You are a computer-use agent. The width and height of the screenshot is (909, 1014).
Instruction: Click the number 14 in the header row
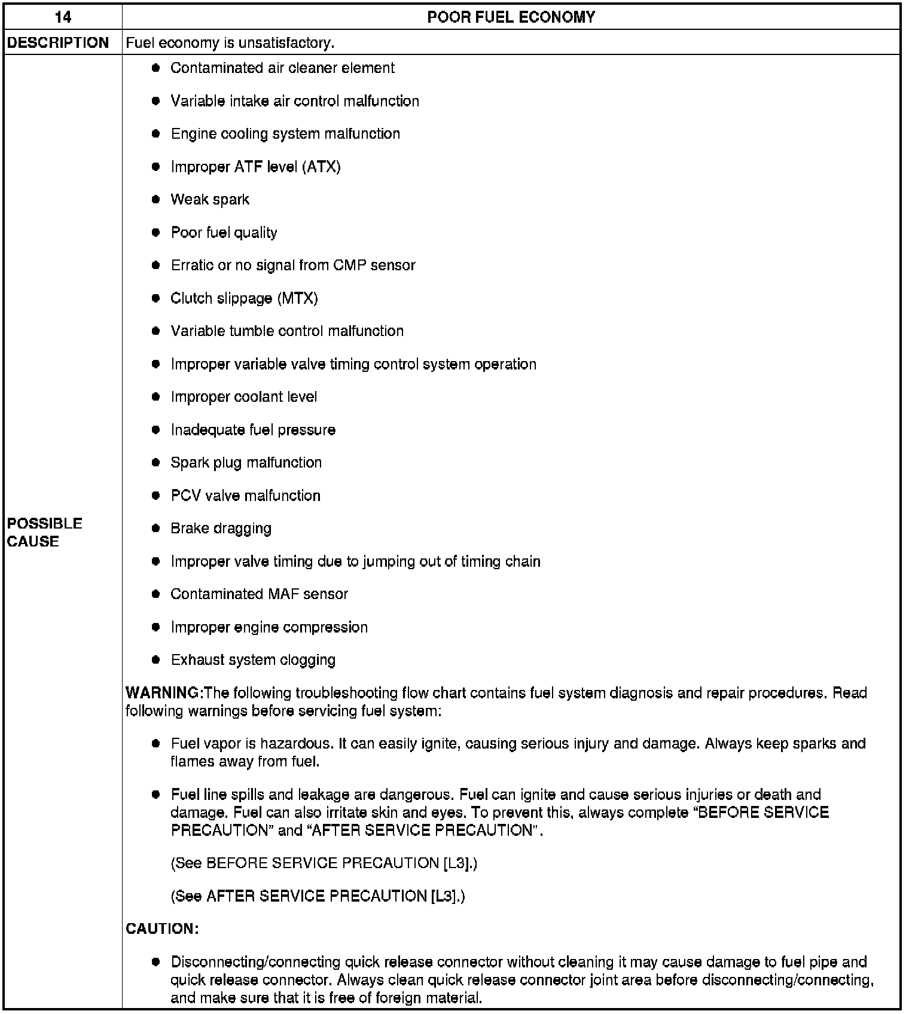(63, 17)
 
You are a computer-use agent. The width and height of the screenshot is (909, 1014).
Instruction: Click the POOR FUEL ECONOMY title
(511, 17)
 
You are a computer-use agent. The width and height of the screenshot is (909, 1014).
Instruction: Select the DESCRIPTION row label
(58, 42)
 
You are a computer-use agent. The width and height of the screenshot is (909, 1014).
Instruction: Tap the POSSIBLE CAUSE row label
(45, 532)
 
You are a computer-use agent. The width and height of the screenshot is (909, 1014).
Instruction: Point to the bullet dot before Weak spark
(156, 200)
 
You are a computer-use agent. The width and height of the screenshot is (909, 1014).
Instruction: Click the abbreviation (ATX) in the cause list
(322, 167)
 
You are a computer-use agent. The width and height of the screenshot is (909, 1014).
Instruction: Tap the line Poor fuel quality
(224, 233)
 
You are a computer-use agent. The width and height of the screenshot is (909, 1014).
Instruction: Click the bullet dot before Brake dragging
(156, 529)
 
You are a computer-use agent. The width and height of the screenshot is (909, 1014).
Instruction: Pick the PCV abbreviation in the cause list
(185, 496)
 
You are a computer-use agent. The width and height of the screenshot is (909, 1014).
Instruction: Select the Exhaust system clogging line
(253, 660)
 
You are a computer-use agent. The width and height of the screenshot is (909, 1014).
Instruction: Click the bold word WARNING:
(164, 693)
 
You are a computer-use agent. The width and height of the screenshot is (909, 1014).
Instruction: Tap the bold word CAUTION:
(162, 929)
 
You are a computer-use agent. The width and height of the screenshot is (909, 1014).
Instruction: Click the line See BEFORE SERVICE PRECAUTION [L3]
(324, 863)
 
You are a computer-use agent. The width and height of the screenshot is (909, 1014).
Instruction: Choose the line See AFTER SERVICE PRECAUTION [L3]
(318, 896)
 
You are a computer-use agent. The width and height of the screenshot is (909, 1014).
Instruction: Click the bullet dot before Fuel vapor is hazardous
(156, 744)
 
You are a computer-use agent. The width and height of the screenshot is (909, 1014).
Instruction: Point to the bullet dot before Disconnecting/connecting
(156, 962)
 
